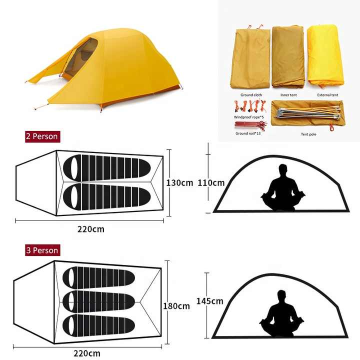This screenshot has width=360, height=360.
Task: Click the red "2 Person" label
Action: click(x=42, y=136)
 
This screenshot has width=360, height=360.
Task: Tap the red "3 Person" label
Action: click(x=42, y=250)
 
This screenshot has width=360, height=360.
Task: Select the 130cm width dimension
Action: click(x=179, y=183)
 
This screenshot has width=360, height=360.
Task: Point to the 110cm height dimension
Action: click(x=211, y=183)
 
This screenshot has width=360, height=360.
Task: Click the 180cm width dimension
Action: click(x=176, y=306)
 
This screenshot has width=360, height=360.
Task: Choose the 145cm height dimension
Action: click(x=209, y=301)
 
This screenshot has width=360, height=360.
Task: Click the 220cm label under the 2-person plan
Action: click(x=90, y=229)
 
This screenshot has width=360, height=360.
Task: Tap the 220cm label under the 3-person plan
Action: click(x=87, y=353)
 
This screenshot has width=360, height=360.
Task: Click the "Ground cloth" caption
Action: click(x=251, y=95)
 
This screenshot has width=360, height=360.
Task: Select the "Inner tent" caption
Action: click(x=288, y=95)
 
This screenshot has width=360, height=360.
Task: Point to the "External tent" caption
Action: click(x=327, y=95)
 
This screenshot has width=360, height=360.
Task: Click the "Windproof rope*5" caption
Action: click(x=249, y=117)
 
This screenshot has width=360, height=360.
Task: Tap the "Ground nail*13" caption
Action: click(x=248, y=133)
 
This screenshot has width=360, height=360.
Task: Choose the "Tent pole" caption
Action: click(x=308, y=134)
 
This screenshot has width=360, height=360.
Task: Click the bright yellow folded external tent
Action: click(x=325, y=55)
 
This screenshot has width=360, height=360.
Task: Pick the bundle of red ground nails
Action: click(x=250, y=125)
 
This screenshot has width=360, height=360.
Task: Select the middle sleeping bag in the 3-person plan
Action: click(x=98, y=301)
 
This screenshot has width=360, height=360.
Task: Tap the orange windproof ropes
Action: click(x=250, y=106)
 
